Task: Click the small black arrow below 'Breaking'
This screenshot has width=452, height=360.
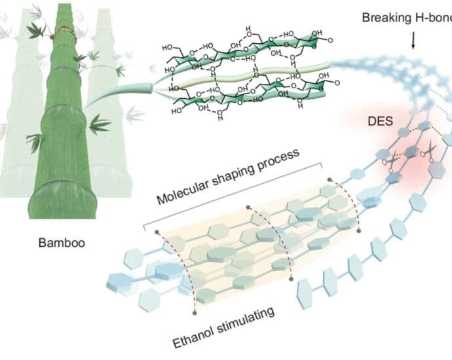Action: tap(413, 43)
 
